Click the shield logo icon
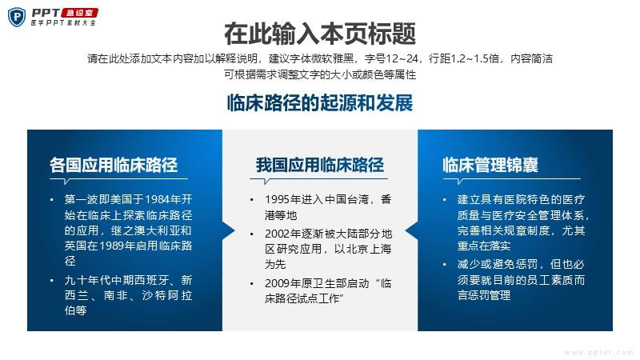pyautogui.click(x=17, y=17)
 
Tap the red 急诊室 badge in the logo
pyautogui.click(x=79, y=13)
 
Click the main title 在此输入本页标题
pyautogui.click(x=320, y=34)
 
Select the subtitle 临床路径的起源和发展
pyautogui.click(x=320, y=102)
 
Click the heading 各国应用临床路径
pyautogui.click(x=114, y=165)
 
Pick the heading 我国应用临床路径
pyautogui.click(x=320, y=165)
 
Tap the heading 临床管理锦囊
pyautogui.click(x=490, y=165)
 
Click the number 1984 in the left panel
pyautogui.click(x=158, y=199)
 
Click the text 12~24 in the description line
pyautogui.click(x=402, y=58)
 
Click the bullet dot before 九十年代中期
pyautogui.click(x=52, y=281)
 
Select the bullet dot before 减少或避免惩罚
pyautogui.click(x=445, y=265)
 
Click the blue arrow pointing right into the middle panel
pyautogui.click(x=229, y=231)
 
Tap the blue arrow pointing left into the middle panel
pyautogui.click(x=411, y=231)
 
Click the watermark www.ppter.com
pyautogui.click(x=599, y=352)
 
